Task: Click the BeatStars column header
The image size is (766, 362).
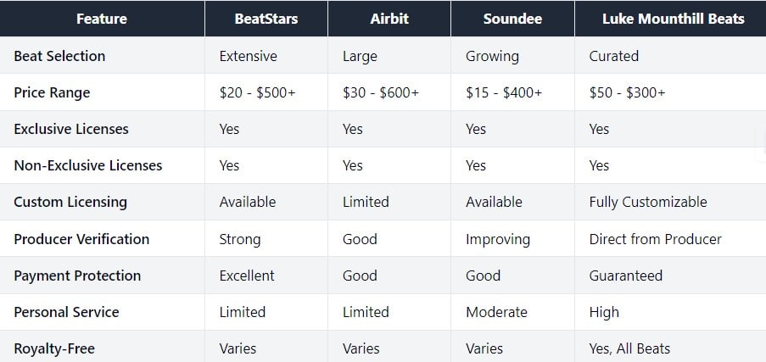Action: coord(266,19)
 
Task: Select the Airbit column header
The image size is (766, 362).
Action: coord(390,19)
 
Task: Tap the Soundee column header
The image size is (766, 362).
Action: coord(512,19)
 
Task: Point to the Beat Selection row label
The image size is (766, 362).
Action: coord(59,56)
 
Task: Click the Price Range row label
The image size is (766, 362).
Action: coord(52,92)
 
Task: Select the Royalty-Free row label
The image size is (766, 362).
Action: coord(54,348)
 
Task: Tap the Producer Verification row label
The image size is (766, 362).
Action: coord(81,239)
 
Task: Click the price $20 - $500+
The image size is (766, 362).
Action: coord(257,92)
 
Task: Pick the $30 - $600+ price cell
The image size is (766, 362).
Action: coord(381,92)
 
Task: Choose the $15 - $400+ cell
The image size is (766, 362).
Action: coord(504,92)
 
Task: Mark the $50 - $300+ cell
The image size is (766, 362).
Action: coord(627,92)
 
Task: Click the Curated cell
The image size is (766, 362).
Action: coord(613,56)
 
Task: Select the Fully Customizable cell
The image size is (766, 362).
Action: coord(647,202)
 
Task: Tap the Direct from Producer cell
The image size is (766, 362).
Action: coord(655,239)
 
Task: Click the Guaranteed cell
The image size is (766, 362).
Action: coord(625,276)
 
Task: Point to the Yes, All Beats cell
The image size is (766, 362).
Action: coord(629,348)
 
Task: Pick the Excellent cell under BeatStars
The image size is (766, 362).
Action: coord(247,276)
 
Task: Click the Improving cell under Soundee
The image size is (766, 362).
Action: coord(498,239)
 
